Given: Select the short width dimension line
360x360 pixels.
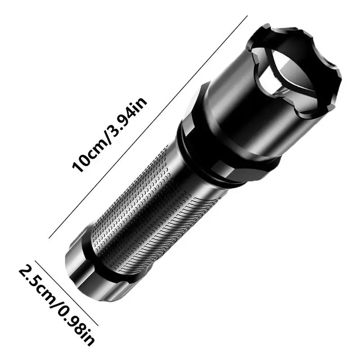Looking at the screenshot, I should coord(67,292).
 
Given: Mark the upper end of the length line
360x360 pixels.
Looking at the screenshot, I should coord(247,17).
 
